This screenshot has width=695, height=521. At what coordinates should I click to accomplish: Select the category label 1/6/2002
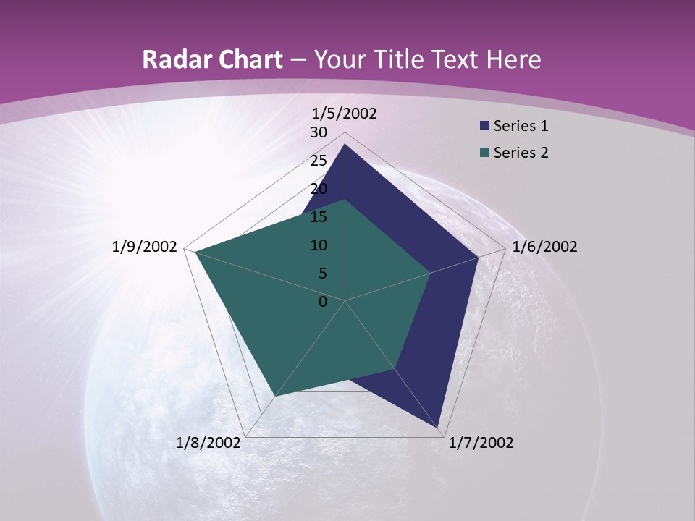coord(544,247)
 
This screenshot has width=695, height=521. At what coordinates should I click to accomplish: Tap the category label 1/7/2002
coord(481,443)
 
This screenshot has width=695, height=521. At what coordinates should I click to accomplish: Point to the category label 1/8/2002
coord(208,443)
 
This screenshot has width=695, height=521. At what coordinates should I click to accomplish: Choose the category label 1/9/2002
coord(144,247)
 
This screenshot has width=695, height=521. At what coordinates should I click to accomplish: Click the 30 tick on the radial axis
coord(319,132)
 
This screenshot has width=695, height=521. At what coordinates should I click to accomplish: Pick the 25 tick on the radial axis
coord(319,161)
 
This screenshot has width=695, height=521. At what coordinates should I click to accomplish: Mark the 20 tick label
coord(319,189)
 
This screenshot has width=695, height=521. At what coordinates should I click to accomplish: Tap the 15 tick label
coord(319,217)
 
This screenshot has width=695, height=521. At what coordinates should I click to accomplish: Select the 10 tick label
coord(319,245)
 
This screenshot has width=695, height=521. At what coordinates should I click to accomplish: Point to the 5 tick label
coord(323,274)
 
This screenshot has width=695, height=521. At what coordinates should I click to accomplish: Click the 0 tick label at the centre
coord(323,302)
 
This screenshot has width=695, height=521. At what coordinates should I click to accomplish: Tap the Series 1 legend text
coord(521,127)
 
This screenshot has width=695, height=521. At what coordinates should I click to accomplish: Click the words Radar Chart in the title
coord(212,60)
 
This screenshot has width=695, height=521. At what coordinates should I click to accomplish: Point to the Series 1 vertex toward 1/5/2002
coord(345,144)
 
